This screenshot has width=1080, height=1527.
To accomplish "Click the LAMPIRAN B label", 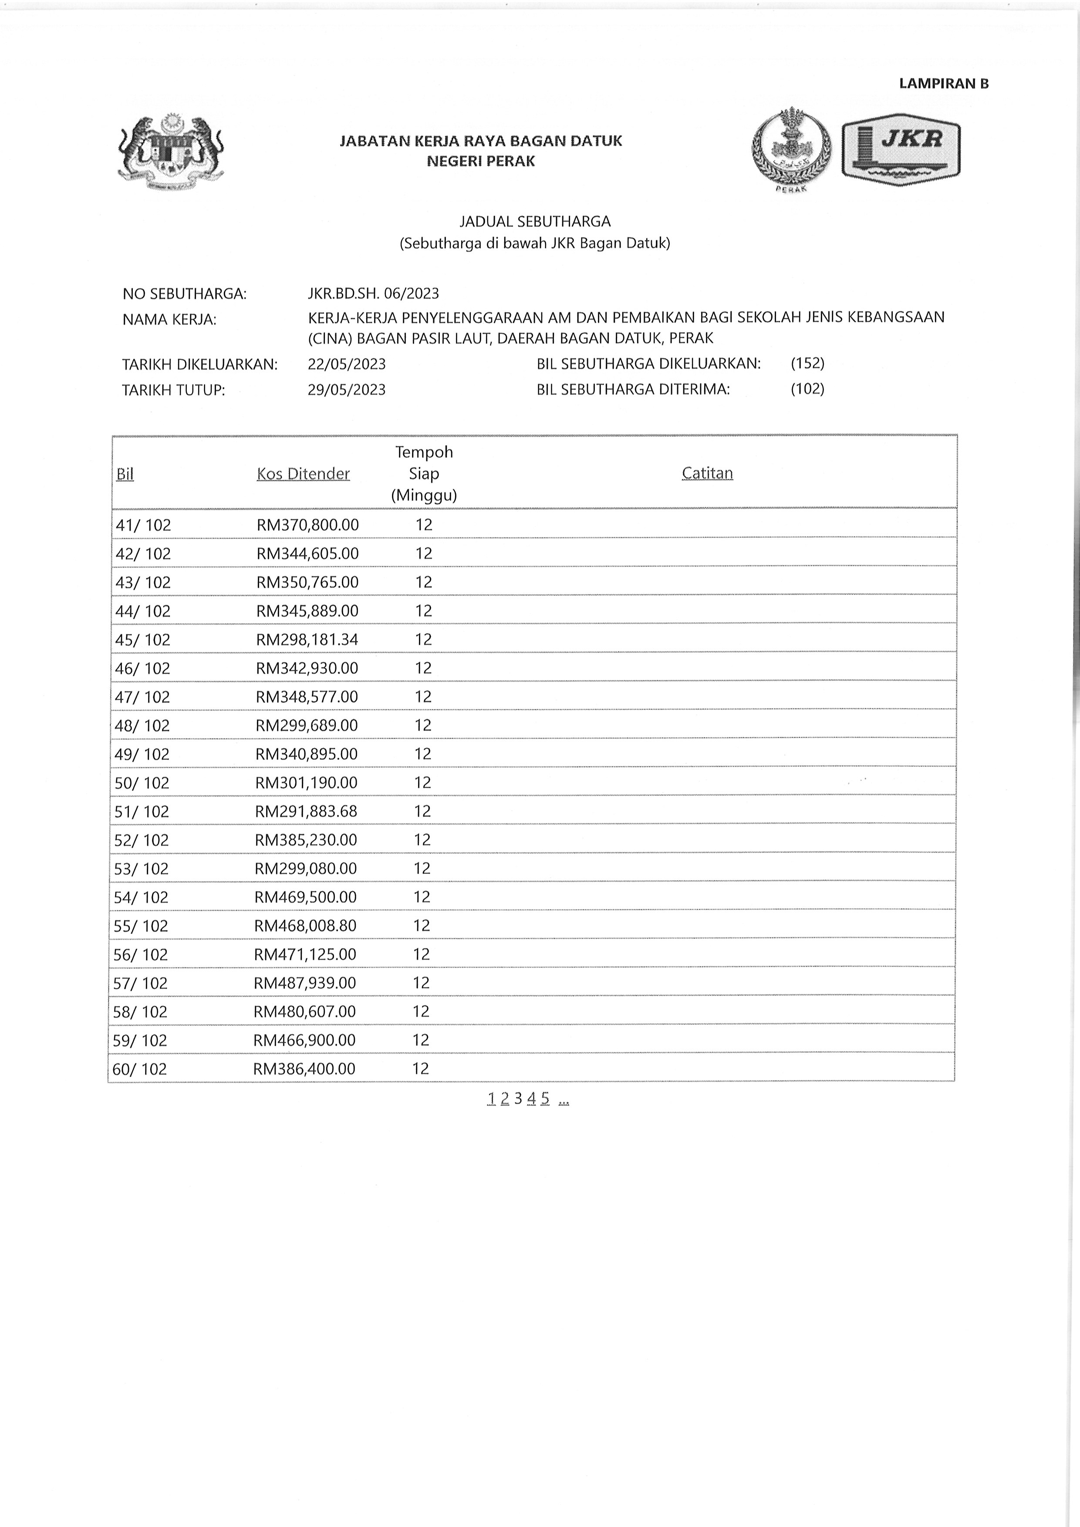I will (x=943, y=84).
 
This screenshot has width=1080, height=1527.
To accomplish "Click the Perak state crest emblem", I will (x=791, y=150).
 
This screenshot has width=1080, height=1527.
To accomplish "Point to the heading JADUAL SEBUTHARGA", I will (x=535, y=222).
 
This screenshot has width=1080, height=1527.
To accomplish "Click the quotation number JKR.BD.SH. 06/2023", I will (x=373, y=293).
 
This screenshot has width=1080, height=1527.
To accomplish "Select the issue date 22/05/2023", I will (x=347, y=364).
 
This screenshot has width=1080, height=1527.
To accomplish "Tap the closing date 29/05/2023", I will (x=347, y=390).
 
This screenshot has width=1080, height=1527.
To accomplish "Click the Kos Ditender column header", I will (x=303, y=474).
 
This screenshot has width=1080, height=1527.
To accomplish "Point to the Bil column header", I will (x=125, y=474).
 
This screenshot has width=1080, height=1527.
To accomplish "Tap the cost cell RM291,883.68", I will (x=306, y=811).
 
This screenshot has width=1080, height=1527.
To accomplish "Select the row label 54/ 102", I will (x=141, y=897).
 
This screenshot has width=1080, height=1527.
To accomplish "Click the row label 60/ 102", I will (x=140, y=1069).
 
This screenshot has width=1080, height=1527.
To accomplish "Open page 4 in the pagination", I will (x=531, y=1099).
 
